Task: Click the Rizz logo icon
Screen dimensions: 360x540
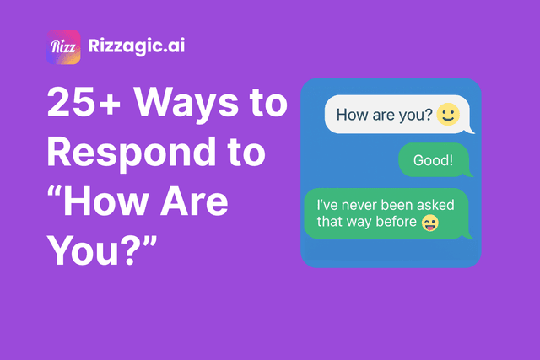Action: (x=63, y=47)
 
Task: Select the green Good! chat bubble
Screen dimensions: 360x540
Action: (x=432, y=159)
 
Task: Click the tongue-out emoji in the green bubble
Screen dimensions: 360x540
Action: (x=429, y=223)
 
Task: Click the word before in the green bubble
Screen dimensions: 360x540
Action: (x=395, y=223)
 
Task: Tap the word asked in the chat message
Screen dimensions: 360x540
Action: (x=435, y=205)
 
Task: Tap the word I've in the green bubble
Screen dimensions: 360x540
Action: (x=326, y=205)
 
